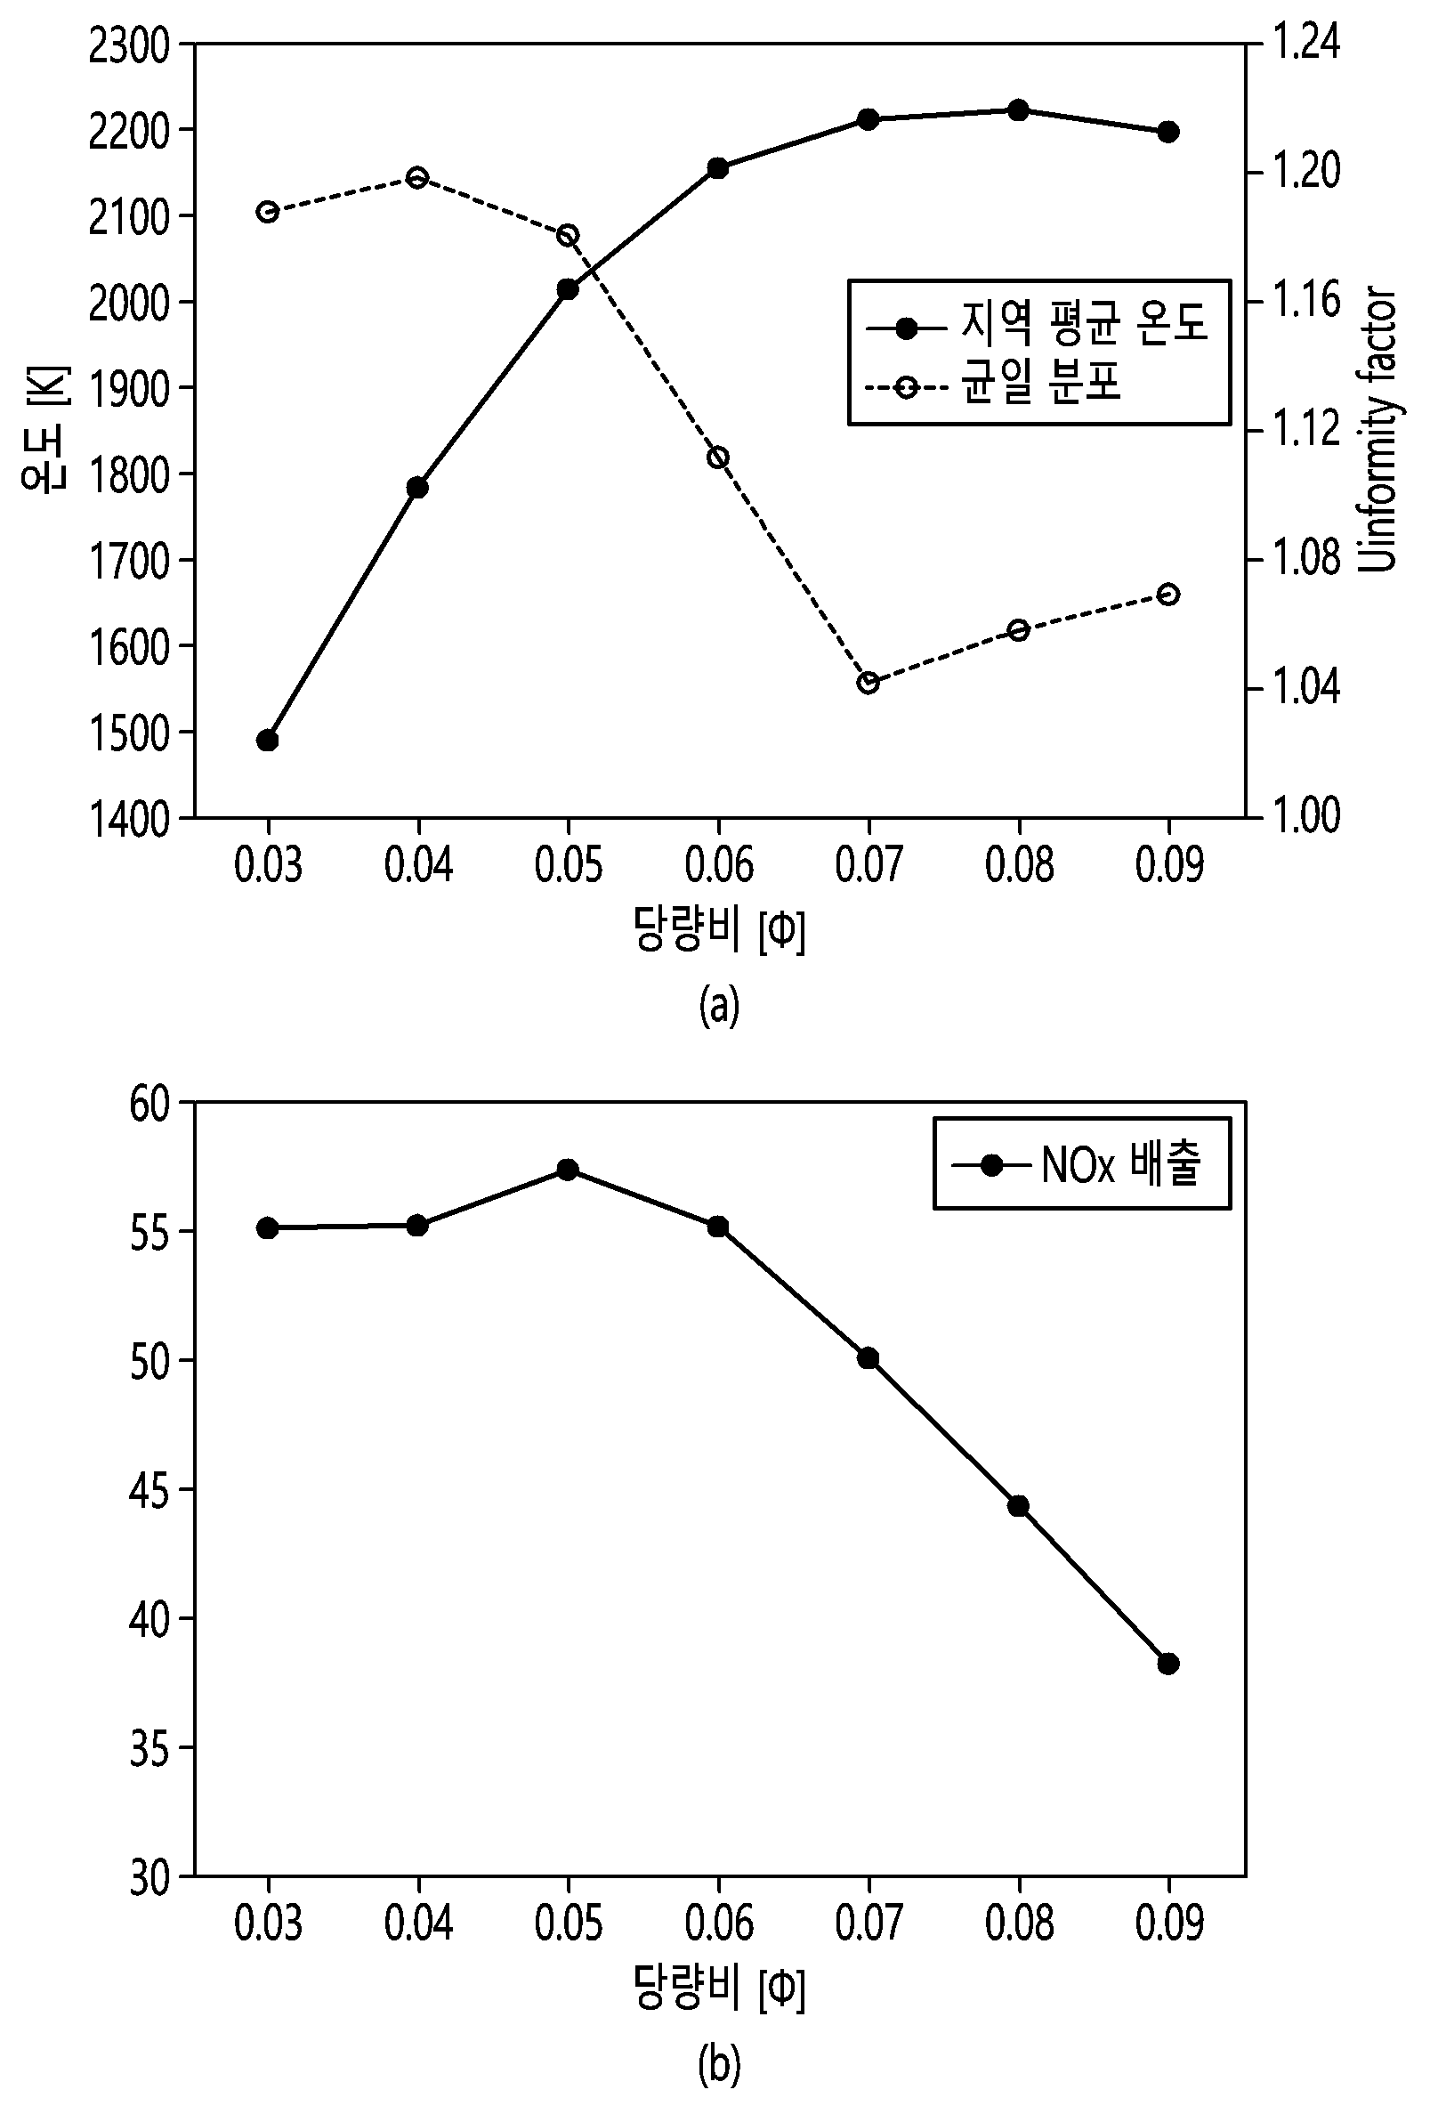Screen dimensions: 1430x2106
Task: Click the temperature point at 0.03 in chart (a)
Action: pyautogui.click(x=267, y=741)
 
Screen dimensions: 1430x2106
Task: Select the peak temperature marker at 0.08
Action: pyautogui.click(x=1019, y=110)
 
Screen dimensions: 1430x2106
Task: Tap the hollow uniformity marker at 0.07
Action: pyautogui.click(x=869, y=683)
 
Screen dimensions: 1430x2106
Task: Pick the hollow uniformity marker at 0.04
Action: pyautogui.click(x=417, y=177)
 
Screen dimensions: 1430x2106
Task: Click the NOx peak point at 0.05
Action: pyautogui.click(x=569, y=1169)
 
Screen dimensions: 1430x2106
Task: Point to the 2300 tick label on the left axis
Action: pyautogui.click(x=130, y=46)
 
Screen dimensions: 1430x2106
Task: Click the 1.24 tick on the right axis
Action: pyautogui.click(x=1305, y=43)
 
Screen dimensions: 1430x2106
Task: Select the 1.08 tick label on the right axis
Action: pyautogui.click(x=1305, y=558)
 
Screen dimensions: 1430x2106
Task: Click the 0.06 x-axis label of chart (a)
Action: pyautogui.click(x=719, y=865)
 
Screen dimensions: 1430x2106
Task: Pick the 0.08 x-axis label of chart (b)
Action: pyautogui.click(x=1020, y=1922)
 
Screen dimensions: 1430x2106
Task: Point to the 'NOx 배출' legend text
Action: pyautogui.click(x=1121, y=1163)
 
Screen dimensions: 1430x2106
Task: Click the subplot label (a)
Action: pyautogui.click(x=720, y=1006)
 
